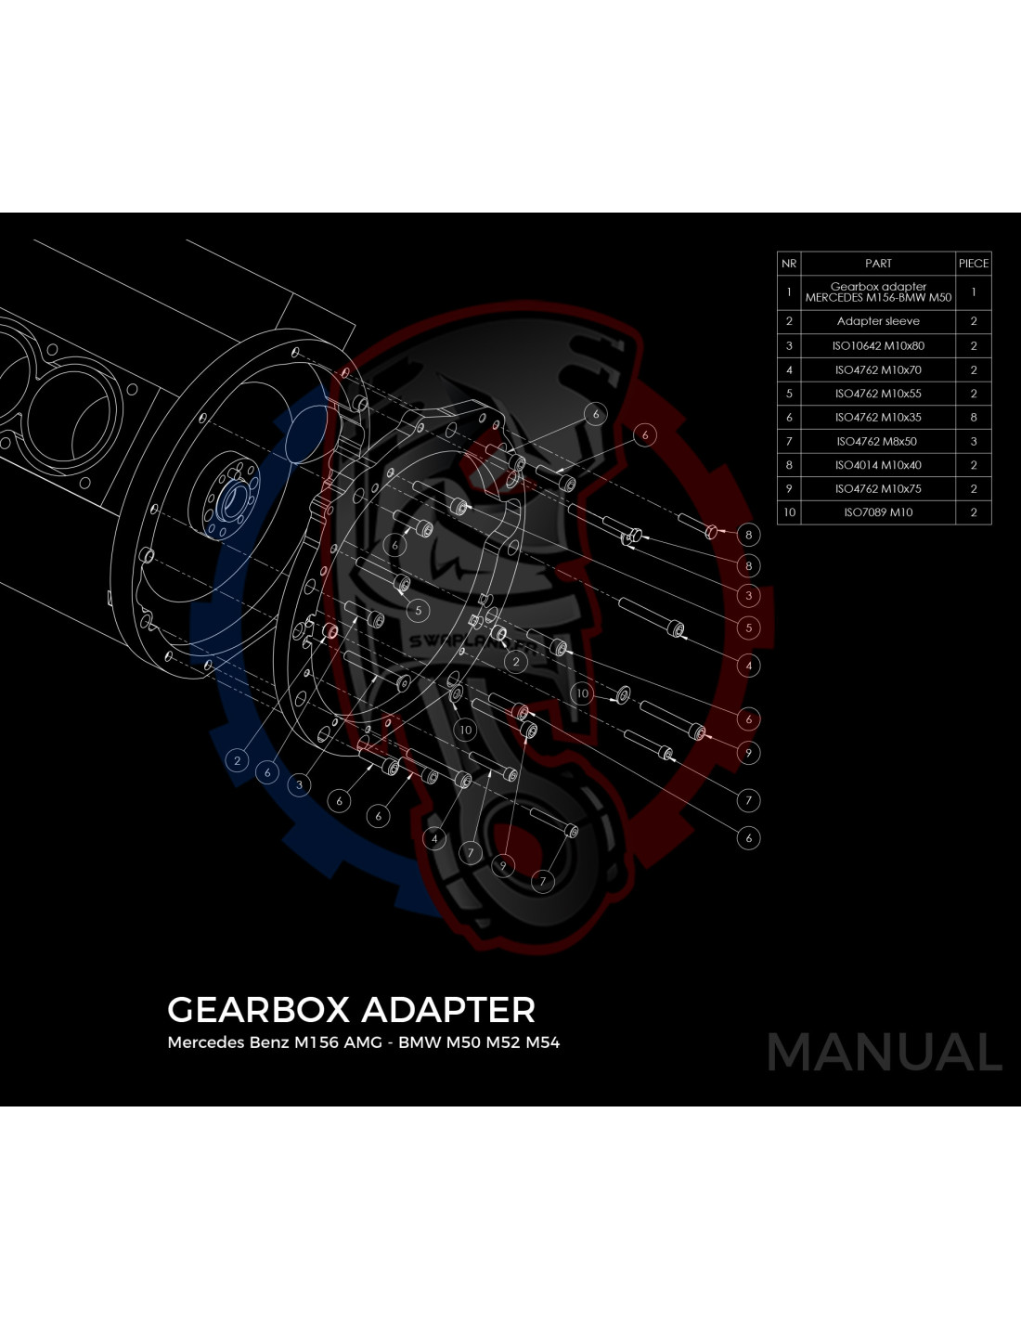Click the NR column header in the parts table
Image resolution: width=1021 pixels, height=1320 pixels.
pyautogui.click(x=788, y=264)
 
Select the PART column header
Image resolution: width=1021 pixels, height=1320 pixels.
pyautogui.click(x=878, y=264)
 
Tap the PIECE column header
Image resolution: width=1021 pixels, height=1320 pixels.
pyautogui.click(x=973, y=264)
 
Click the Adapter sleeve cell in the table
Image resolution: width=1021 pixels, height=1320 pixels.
pyautogui.click(x=878, y=321)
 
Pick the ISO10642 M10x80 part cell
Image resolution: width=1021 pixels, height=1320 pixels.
pyautogui.click(x=878, y=346)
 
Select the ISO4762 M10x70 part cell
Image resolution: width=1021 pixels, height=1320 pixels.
pyautogui.click(x=878, y=370)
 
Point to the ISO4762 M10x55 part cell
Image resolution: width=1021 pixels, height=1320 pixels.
pyautogui.click(x=878, y=394)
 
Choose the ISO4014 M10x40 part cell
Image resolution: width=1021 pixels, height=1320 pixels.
pyautogui.click(x=878, y=465)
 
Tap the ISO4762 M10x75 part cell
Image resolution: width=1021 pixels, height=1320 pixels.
pyautogui.click(x=878, y=489)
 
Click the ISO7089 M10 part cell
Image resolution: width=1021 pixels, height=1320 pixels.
pyautogui.click(x=878, y=512)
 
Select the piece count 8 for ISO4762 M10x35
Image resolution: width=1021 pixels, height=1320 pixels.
pyautogui.click(x=973, y=418)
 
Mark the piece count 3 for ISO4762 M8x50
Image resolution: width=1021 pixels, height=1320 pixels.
pyautogui.click(x=973, y=442)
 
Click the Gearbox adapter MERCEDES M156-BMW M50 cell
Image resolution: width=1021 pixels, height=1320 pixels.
pyautogui.click(x=878, y=292)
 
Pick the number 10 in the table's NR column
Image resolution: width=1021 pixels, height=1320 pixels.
pyautogui.click(x=788, y=512)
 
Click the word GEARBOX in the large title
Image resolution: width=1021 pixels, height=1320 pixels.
pyautogui.click(x=258, y=1010)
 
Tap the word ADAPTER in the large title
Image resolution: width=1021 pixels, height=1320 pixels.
pyautogui.click(x=448, y=1010)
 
